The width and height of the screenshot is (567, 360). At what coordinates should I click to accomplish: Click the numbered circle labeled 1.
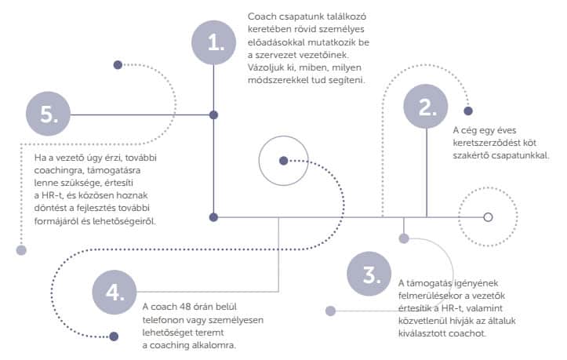[x=214, y=42]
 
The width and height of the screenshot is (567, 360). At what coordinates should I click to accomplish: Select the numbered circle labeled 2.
[x=426, y=107]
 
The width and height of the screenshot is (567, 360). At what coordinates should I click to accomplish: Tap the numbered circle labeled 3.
[x=369, y=274]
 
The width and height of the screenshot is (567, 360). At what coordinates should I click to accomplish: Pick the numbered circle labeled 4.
[x=114, y=292]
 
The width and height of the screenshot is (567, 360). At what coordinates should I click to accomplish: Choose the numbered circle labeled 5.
[x=48, y=114]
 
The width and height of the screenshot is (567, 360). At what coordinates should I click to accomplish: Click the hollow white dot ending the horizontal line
[x=488, y=217]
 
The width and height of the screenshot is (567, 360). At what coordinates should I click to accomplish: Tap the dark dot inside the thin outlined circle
[x=284, y=161]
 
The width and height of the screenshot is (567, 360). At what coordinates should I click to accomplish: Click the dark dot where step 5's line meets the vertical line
[x=214, y=115]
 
